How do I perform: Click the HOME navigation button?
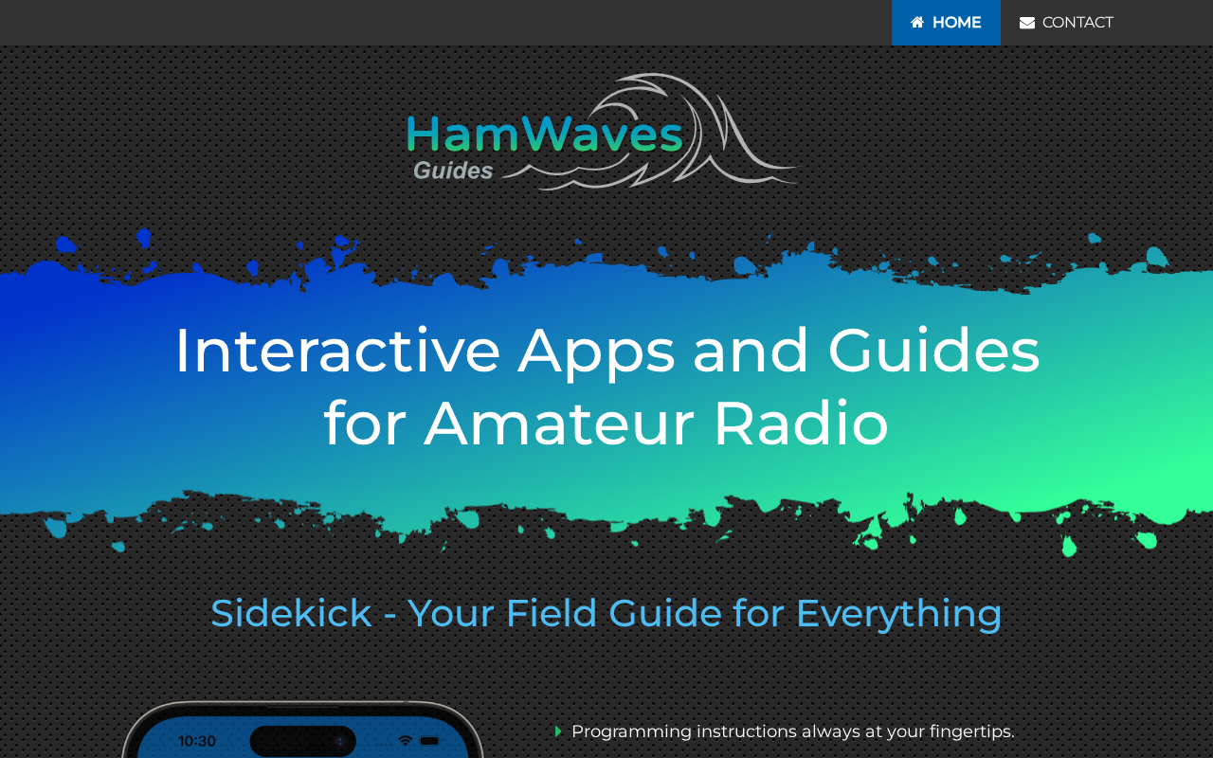(x=946, y=22)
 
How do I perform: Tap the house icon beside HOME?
(x=917, y=22)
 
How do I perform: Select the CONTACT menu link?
(x=1066, y=22)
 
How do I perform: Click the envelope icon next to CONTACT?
(x=1026, y=23)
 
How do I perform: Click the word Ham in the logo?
(x=462, y=134)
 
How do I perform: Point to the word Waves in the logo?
(x=602, y=134)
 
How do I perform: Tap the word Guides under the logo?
(x=453, y=171)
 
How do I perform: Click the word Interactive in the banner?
(x=337, y=351)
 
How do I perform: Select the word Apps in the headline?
(x=596, y=354)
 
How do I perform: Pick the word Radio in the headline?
(x=801, y=422)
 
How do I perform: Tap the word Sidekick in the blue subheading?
(x=291, y=613)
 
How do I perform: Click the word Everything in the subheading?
(x=898, y=615)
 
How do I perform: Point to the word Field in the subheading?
(x=552, y=613)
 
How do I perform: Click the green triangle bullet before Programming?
(x=558, y=731)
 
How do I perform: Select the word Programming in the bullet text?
(x=631, y=732)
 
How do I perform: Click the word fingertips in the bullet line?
(x=971, y=732)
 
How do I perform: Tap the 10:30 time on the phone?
(x=196, y=741)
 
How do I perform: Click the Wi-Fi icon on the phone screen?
(x=405, y=741)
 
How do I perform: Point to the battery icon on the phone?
(x=429, y=741)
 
